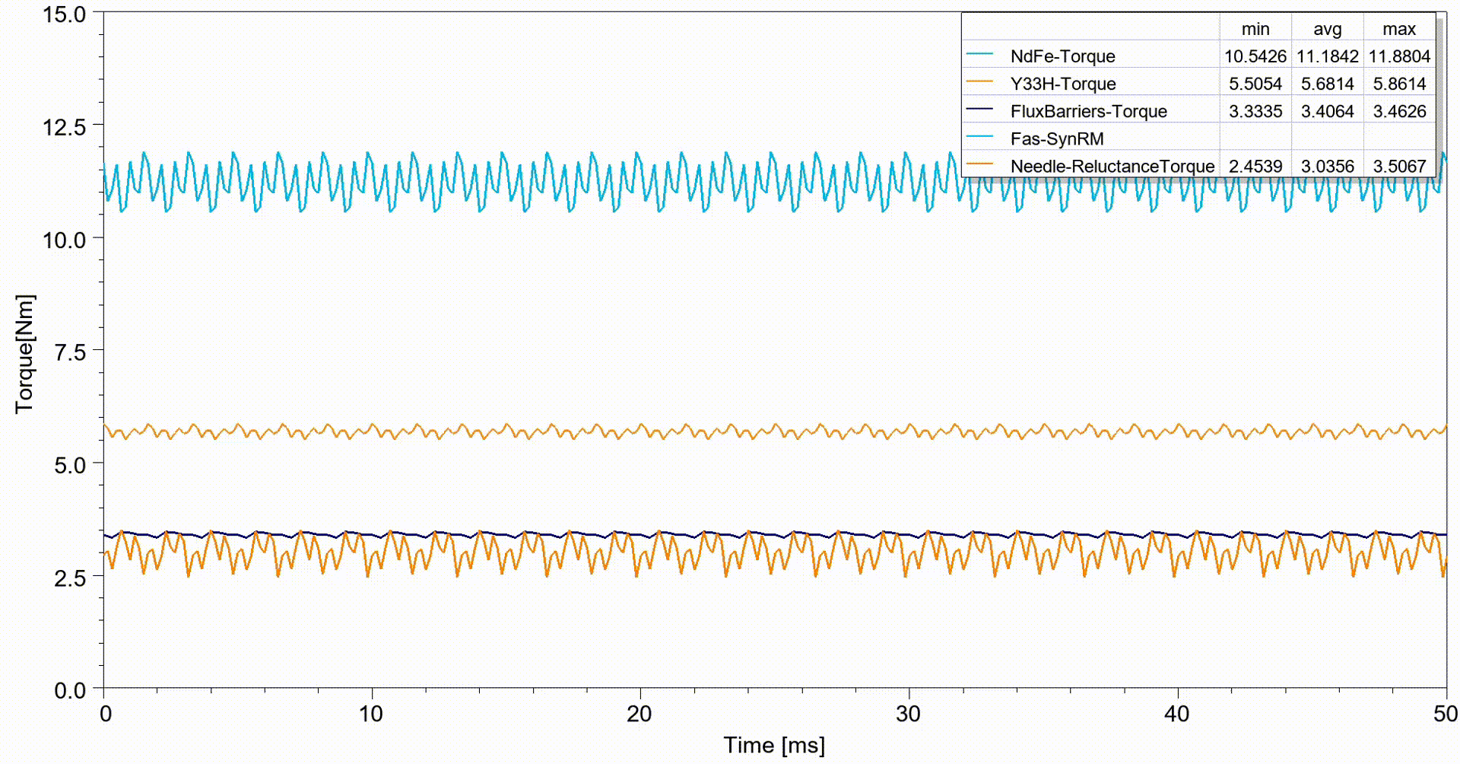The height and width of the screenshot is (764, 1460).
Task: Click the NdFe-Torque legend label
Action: coord(1062,56)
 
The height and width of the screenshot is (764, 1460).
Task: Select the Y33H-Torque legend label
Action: coord(1062,84)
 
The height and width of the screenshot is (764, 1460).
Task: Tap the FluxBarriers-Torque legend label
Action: coord(1088,111)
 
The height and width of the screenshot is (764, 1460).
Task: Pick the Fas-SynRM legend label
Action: coord(1056,138)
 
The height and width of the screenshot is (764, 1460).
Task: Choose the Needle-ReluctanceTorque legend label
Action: coord(1112,166)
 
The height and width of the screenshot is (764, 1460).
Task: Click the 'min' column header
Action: coord(1255,29)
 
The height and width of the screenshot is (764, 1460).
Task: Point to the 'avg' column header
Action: coord(1328,29)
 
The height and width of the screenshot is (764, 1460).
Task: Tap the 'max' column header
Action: coord(1399,29)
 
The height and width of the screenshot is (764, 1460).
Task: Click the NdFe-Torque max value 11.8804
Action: coord(1399,56)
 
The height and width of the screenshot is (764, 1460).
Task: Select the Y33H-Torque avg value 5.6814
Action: coord(1328,84)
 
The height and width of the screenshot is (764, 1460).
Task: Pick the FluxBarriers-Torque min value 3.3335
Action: coord(1255,111)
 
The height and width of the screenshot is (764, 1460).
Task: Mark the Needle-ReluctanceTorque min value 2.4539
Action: coord(1255,166)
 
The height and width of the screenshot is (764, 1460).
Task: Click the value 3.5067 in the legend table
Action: coord(1399,166)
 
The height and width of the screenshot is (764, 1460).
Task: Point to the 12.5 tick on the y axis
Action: coord(65,126)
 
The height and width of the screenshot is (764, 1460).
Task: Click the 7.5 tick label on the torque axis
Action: coord(69,352)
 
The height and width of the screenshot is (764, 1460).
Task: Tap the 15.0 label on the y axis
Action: coord(65,14)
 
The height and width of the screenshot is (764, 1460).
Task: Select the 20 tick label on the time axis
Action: coord(640,714)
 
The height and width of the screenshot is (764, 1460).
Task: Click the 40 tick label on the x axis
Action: coord(1177,714)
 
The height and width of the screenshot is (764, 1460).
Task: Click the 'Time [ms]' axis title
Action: coord(773,745)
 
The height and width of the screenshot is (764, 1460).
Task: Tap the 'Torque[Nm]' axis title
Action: coord(24,353)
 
